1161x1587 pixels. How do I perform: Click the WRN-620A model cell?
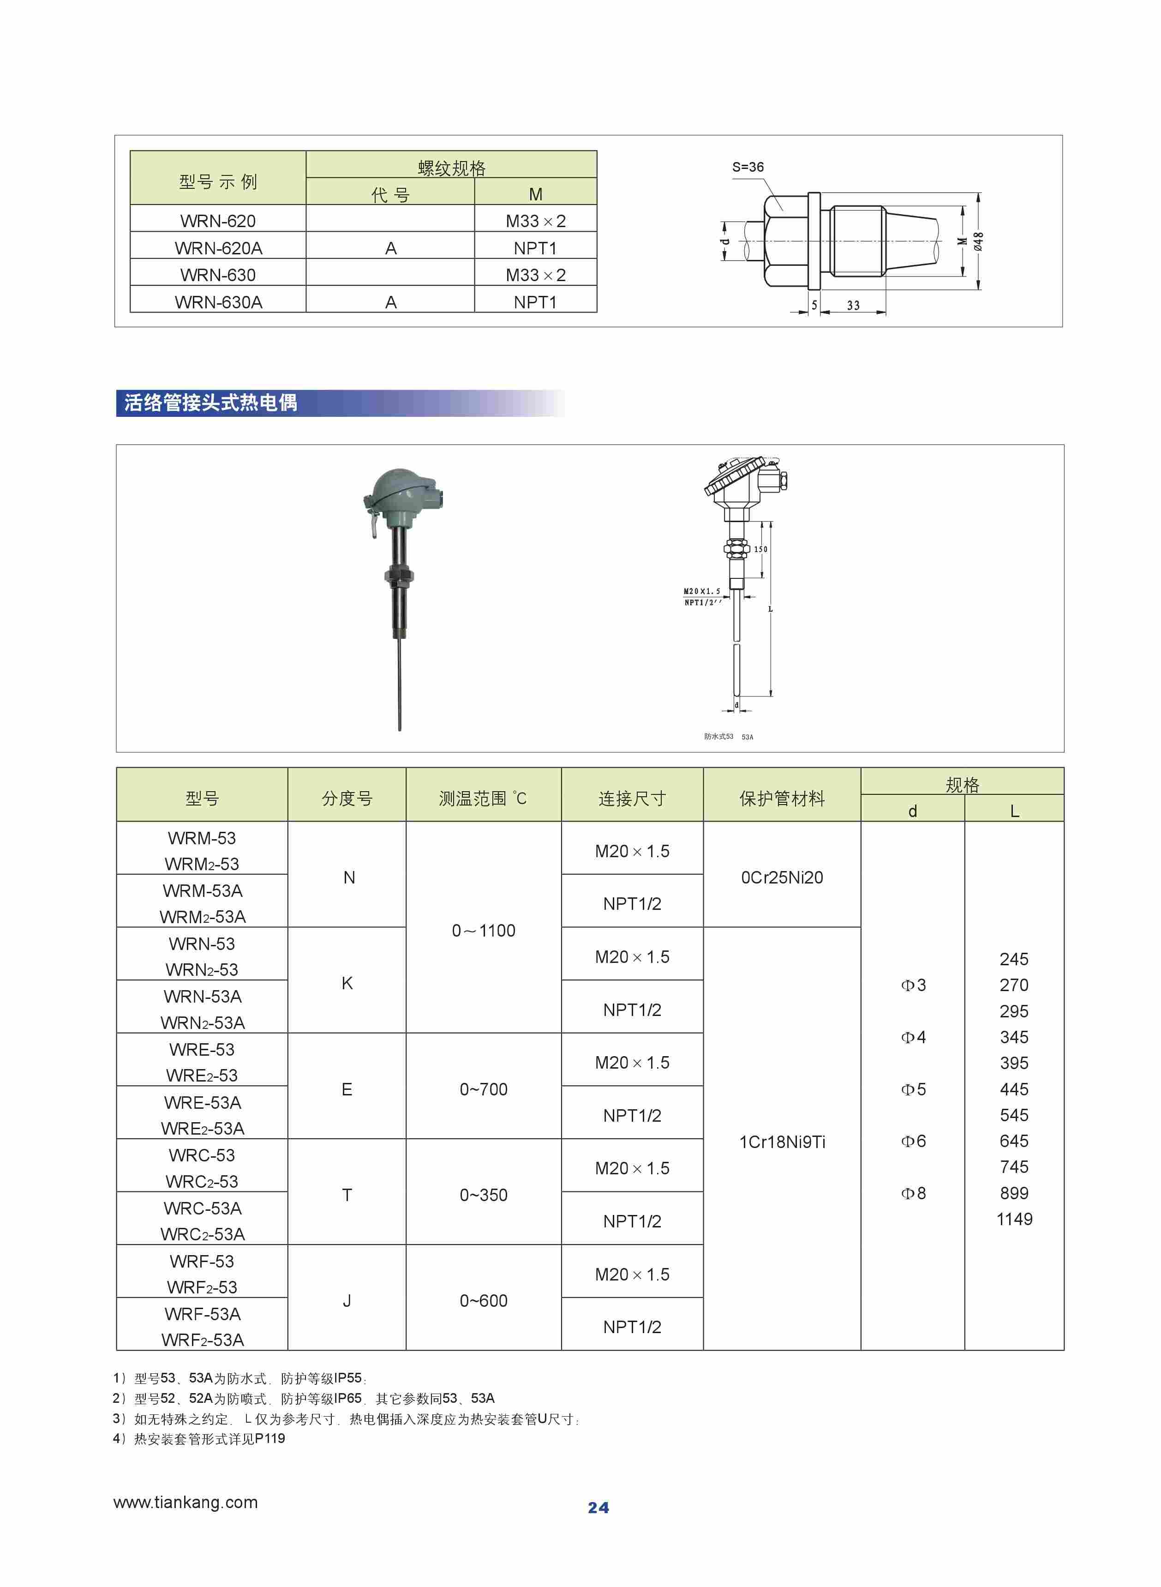(x=218, y=248)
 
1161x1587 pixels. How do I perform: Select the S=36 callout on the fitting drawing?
(x=747, y=167)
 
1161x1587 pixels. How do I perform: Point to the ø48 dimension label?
(x=978, y=241)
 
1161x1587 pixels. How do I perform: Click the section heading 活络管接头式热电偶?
(x=211, y=403)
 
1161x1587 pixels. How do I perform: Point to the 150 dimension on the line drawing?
(x=760, y=549)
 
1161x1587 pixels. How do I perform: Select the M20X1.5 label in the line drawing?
(x=701, y=592)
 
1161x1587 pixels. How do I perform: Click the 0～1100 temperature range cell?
(x=484, y=931)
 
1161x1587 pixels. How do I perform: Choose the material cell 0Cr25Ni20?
(x=782, y=877)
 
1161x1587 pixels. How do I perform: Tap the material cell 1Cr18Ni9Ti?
(x=782, y=1142)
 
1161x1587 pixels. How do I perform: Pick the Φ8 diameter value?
(x=913, y=1193)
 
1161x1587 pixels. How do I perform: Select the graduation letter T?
(x=347, y=1195)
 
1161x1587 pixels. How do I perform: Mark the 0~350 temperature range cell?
(x=484, y=1195)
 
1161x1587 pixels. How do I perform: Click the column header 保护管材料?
(x=782, y=799)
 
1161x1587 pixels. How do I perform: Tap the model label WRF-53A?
(x=203, y=1314)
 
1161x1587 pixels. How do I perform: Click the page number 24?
(x=598, y=1508)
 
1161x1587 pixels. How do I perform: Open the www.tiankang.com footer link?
(x=186, y=1503)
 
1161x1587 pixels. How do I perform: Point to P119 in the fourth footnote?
(x=270, y=1439)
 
